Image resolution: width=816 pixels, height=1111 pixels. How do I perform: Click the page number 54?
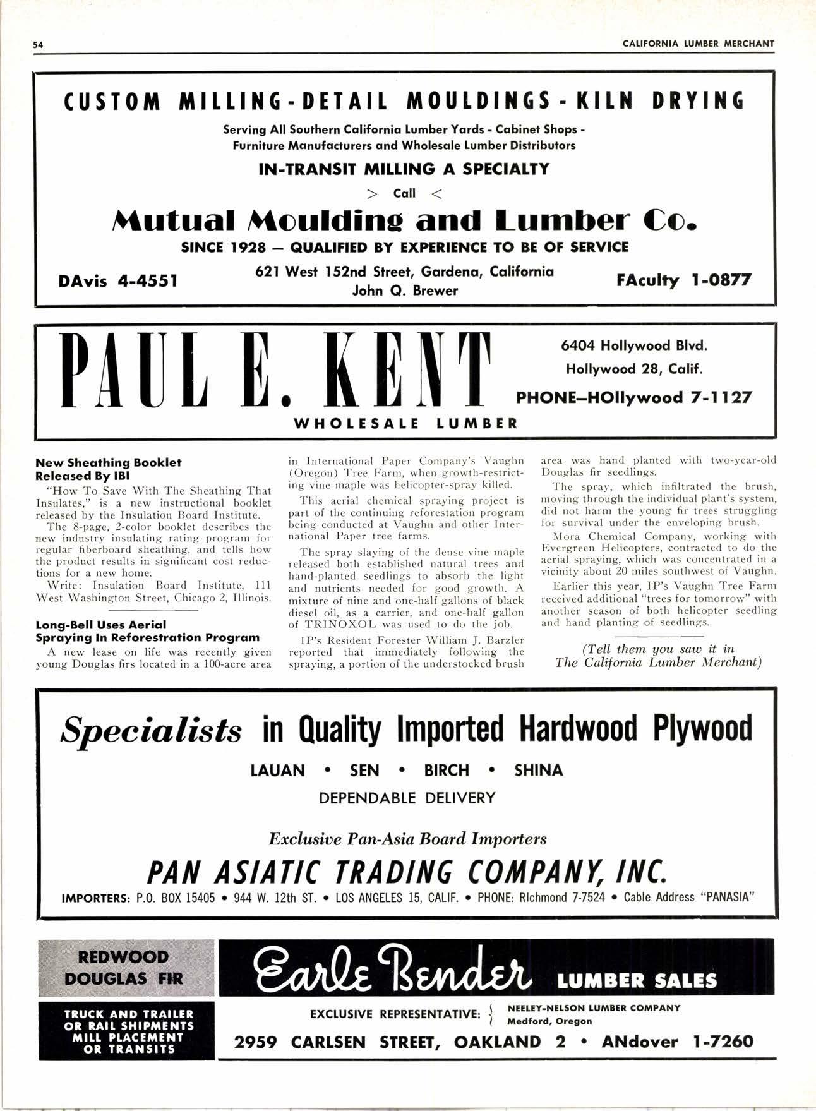click(39, 45)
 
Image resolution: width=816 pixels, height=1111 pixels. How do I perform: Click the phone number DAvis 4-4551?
click(117, 280)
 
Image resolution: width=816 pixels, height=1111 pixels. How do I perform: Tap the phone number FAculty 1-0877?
click(685, 280)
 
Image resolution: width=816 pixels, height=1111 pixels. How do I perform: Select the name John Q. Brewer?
click(405, 291)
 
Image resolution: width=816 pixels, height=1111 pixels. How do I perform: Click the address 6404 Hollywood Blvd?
click(634, 345)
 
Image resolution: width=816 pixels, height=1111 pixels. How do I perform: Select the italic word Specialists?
click(151, 731)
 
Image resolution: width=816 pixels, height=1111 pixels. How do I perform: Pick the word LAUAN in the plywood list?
click(278, 771)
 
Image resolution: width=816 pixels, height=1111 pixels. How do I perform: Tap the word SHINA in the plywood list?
click(539, 771)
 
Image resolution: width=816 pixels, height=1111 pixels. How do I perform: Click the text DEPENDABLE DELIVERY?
click(407, 798)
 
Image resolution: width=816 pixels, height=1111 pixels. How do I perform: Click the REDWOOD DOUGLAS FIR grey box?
click(126, 968)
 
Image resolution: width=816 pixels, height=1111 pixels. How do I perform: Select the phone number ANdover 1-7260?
click(677, 1042)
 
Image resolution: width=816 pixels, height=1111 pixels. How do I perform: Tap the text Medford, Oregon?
click(549, 1021)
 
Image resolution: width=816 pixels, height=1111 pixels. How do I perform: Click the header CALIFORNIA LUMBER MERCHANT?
click(698, 44)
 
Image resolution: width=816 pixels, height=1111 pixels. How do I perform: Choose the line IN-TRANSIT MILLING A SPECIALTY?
click(404, 169)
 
